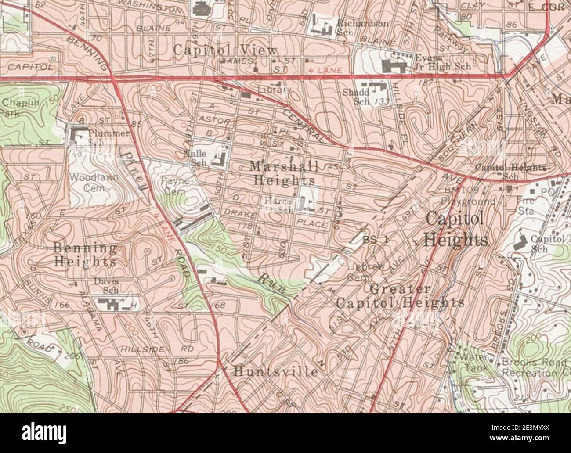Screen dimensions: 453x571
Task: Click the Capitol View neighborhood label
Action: coord(225,50)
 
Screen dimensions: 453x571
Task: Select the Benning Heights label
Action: coord(85,255)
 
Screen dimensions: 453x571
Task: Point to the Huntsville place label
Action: coord(275,372)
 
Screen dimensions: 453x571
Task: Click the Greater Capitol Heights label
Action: coord(400,296)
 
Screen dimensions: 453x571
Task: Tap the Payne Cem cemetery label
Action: coord(175,186)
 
